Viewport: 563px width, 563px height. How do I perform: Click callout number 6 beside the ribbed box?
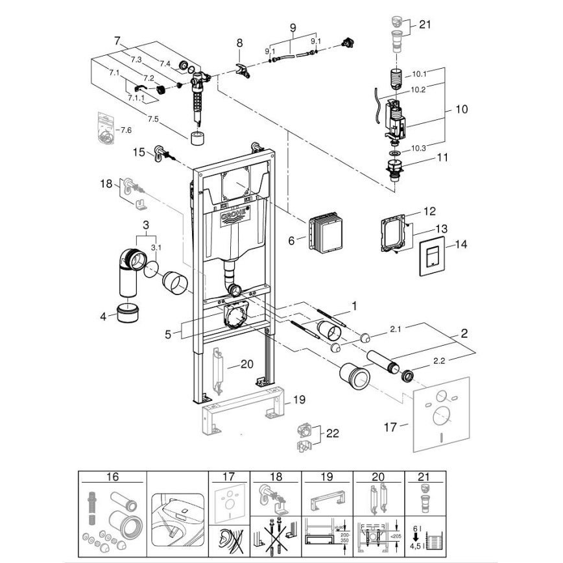click(292, 241)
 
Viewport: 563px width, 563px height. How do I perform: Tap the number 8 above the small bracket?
click(239, 43)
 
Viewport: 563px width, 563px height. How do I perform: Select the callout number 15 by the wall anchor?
click(139, 152)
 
